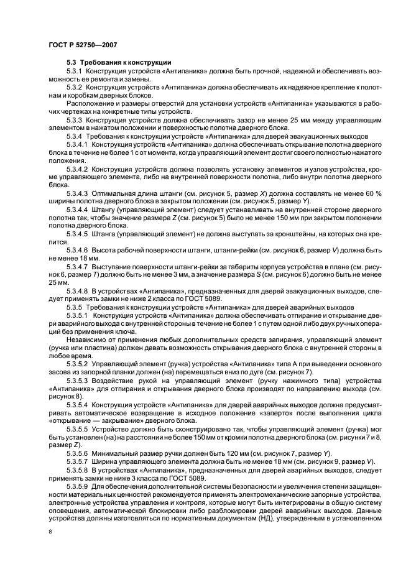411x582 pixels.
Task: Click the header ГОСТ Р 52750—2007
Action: pyautogui.click(x=83, y=45)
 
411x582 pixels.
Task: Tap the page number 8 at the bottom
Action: pyautogui.click(x=50, y=532)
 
